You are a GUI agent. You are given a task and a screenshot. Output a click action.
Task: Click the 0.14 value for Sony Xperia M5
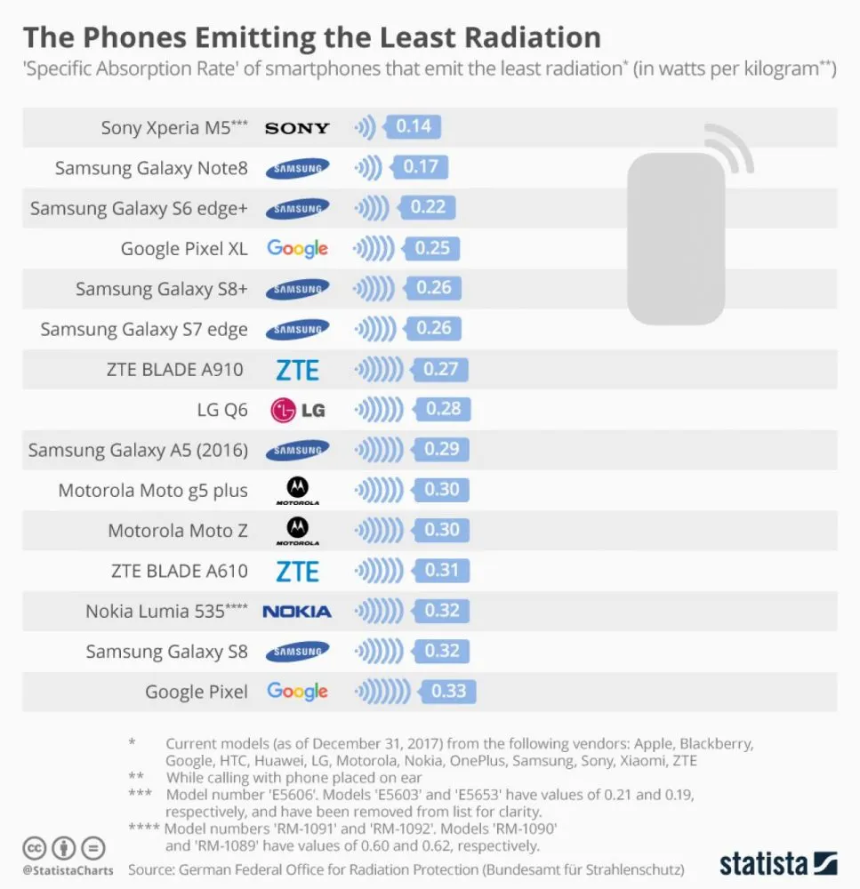pos(414,126)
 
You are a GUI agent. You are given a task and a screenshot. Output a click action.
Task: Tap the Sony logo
pos(297,128)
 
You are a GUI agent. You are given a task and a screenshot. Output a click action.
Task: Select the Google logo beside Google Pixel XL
pos(297,249)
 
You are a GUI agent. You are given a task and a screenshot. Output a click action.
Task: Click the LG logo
pos(298,410)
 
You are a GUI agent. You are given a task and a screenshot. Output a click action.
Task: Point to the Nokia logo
pos(297,612)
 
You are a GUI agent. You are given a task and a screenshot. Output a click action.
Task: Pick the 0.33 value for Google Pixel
pos(448,691)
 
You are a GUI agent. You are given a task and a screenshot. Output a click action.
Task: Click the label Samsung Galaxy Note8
pos(151,168)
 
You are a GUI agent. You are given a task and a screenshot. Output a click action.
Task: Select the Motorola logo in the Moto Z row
pos(297,531)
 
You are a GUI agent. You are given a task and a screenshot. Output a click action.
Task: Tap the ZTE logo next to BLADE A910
pos(297,370)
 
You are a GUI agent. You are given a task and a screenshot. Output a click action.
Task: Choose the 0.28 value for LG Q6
pos(444,409)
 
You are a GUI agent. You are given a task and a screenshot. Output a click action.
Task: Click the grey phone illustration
pos(677,236)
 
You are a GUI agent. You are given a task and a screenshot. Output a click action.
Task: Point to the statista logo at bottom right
pos(778,863)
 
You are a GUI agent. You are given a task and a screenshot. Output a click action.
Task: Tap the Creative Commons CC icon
pos(35,847)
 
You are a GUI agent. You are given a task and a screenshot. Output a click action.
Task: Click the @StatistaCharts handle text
pos(68,870)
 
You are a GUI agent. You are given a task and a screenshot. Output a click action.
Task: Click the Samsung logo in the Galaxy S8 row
pos(297,652)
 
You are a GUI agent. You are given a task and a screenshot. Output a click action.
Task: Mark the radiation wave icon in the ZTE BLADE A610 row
pos(376,571)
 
